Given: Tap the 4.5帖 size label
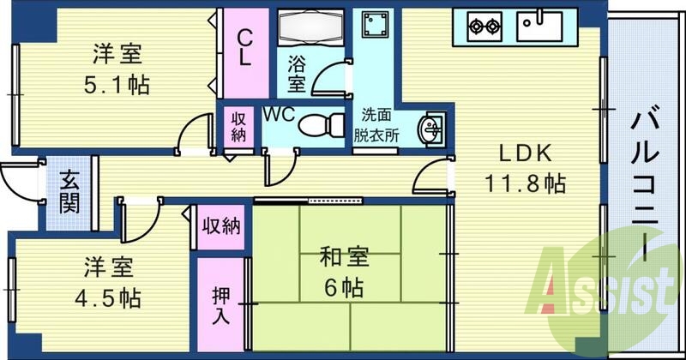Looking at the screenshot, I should click(109, 297).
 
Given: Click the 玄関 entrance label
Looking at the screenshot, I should click(69, 193).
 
